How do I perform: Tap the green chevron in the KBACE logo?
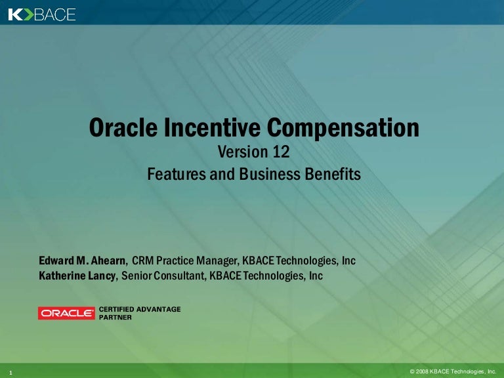tap(28, 14)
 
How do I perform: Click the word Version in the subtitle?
tap(240, 153)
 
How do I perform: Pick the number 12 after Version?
tap(278, 153)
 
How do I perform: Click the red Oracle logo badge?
tap(66, 313)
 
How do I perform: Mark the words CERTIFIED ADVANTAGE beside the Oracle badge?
tap(139, 308)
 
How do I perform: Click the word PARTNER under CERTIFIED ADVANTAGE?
tap(115, 316)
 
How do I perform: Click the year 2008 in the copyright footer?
tap(424, 371)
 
